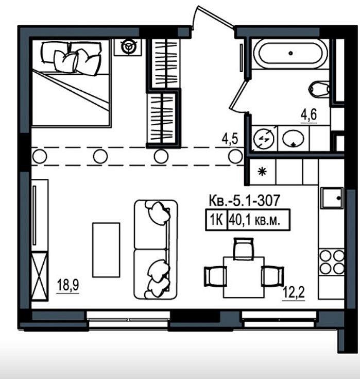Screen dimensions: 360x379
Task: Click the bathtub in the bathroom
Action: click(x=290, y=54)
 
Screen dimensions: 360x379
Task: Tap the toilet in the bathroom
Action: click(x=319, y=89)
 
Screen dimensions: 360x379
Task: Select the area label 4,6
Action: click(x=308, y=115)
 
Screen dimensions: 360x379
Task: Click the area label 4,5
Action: click(x=230, y=139)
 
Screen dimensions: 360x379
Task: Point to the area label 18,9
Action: click(x=68, y=285)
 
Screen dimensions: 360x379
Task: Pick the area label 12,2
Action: click(x=294, y=293)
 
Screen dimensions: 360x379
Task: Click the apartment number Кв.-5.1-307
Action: click(x=244, y=201)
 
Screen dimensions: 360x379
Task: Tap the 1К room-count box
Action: click(x=216, y=220)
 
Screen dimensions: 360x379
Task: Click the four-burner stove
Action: click(x=332, y=262)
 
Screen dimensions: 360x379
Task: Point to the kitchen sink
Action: click(x=332, y=198)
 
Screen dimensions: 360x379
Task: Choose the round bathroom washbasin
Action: click(x=294, y=138)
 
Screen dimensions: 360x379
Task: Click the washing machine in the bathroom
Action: click(x=264, y=139)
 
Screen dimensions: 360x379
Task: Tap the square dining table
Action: click(x=244, y=277)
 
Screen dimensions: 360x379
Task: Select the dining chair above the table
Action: click(x=244, y=248)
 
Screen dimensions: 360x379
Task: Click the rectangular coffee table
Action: click(x=106, y=250)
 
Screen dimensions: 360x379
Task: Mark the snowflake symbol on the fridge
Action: click(x=262, y=172)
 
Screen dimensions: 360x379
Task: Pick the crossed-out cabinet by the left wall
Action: click(x=40, y=276)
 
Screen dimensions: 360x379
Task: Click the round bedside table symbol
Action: click(x=128, y=47)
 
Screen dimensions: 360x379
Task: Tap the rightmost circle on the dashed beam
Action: click(x=235, y=156)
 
